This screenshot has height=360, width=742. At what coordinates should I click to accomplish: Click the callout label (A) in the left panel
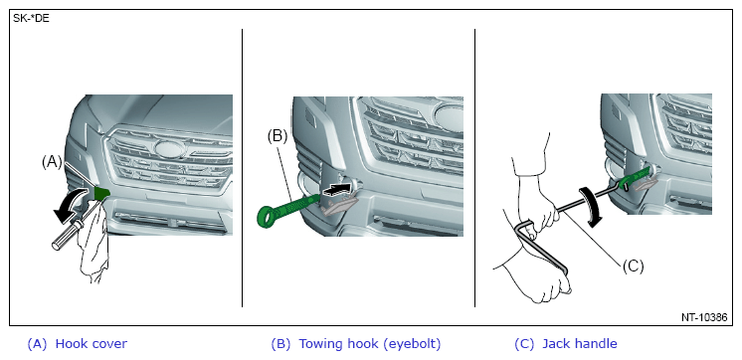click(52, 162)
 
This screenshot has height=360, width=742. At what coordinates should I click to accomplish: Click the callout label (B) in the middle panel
click(278, 136)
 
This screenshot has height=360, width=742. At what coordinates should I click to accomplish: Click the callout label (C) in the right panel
click(634, 267)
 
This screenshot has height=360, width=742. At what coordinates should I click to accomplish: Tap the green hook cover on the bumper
click(101, 193)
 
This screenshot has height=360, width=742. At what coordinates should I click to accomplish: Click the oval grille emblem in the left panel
click(169, 149)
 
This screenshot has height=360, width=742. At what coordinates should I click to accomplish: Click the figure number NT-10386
click(704, 317)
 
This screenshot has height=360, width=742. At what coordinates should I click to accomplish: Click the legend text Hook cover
click(92, 343)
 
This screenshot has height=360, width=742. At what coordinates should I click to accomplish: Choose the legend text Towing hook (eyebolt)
click(370, 344)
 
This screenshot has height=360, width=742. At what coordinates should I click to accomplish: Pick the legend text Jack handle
click(580, 343)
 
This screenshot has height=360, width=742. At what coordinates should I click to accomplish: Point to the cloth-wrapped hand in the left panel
click(94, 242)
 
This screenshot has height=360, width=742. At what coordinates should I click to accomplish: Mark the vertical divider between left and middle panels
click(243, 168)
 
